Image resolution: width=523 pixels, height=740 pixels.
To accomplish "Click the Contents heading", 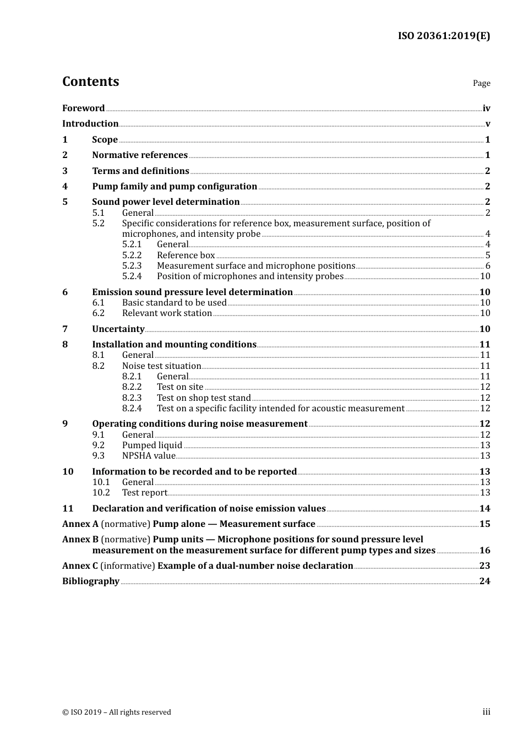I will [x=90, y=81].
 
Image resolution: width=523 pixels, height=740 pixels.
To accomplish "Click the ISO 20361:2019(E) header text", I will [x=444, y=36].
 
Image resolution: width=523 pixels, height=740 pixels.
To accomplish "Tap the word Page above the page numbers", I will [x=481, y=83].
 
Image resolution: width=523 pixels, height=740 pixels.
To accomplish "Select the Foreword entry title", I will [x=83, y=108].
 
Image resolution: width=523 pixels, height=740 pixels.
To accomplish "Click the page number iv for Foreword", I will [x=486, y=108].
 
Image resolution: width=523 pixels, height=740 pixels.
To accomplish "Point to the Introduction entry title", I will [x=90, y=124].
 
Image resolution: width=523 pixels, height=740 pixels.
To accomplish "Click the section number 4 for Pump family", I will [x=65, y=187].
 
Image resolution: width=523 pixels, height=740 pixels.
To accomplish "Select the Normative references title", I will [x=140, y=155].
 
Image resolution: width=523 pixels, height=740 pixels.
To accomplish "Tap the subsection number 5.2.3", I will [x=132, y=266].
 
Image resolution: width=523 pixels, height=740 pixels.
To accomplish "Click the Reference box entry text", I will [x=186, y=255].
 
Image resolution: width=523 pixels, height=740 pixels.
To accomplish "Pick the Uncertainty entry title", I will [x=118, y=329].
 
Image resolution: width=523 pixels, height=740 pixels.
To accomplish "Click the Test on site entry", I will [x=180, y=387].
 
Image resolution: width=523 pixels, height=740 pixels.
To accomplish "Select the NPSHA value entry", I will [x=149, y=456].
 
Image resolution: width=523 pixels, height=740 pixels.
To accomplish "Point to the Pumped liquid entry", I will [x=152, y=445].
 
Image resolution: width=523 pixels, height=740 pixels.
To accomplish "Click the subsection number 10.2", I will [x=101, y=493].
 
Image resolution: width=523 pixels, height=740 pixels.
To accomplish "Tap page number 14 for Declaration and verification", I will [x=484, y=509].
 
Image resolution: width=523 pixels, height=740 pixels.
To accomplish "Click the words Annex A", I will [x=80, y=524].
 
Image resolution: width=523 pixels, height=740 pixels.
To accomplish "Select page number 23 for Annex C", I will [x=484, y=566].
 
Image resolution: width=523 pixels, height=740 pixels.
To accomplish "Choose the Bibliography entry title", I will [x=91, y=581].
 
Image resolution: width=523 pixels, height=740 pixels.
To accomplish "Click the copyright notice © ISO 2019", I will [x=116, y=712].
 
